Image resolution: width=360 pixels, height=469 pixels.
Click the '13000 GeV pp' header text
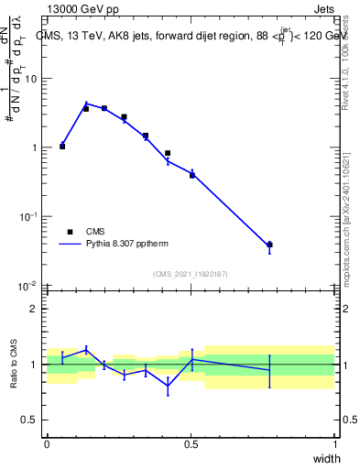(85, 10)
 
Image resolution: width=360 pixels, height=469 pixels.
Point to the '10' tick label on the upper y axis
(30, 79)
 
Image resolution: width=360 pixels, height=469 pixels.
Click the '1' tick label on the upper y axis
(35, 147)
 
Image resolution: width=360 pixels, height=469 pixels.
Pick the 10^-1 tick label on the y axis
(29, 216)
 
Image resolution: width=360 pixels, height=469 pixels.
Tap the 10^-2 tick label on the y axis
(29, 285)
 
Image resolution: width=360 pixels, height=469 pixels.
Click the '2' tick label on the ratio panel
(35, 309)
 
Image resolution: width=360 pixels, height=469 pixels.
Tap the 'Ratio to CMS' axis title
(13, 364)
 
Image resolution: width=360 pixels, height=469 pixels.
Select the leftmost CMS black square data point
(62, 146)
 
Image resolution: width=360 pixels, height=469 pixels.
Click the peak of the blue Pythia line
(86, 104)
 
